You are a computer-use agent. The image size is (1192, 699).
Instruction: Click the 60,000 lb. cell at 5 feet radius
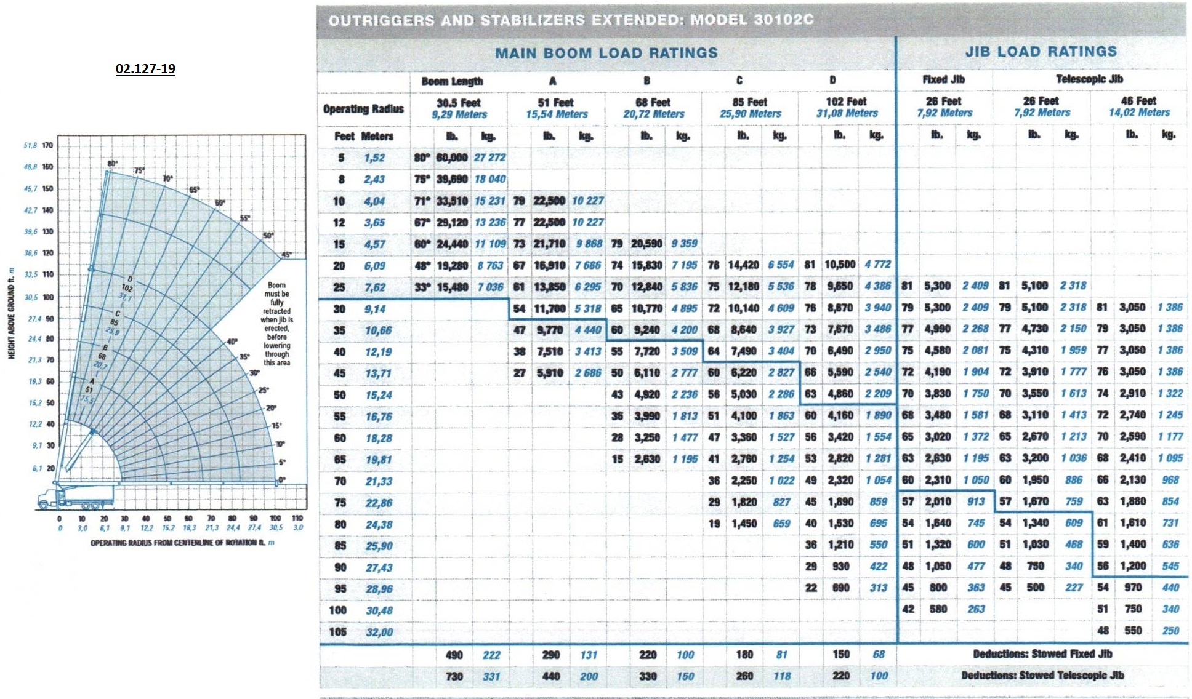pos(451,158)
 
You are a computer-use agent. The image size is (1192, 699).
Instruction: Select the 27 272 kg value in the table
pos(489,158)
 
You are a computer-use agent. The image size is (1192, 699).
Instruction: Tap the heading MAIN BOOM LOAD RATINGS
pos(606,53)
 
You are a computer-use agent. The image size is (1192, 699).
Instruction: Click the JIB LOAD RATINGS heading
pos(1041,52)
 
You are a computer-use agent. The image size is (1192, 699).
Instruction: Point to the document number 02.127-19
pos(145,68)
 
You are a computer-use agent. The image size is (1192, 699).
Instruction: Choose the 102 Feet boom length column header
pos(847,107)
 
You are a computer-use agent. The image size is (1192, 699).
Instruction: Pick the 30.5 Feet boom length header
pos(459,108)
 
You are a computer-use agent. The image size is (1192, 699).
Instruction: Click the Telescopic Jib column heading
pos(1089,79)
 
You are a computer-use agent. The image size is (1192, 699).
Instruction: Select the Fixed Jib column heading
pos(943,79)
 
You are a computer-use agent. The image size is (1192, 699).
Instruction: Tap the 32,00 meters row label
pos(379,632)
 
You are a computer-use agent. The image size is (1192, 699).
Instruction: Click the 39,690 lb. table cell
pos(451,179)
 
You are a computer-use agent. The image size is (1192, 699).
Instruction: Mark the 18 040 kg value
pos(489,179)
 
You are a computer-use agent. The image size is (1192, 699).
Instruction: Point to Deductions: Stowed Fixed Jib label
pos(1042,653)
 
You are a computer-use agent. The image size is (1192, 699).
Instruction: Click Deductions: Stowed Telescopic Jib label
pos(1042,675)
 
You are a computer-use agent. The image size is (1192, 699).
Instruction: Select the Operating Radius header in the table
pos(363,109)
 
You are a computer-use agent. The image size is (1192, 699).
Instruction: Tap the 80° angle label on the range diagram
pos(112,164)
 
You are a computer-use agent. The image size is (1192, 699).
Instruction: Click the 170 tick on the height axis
pos(47,145)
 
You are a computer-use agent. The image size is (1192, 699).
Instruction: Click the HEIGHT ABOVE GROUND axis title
pos(11,313)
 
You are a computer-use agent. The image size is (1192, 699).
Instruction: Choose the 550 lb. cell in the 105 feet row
pos(1133,631)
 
